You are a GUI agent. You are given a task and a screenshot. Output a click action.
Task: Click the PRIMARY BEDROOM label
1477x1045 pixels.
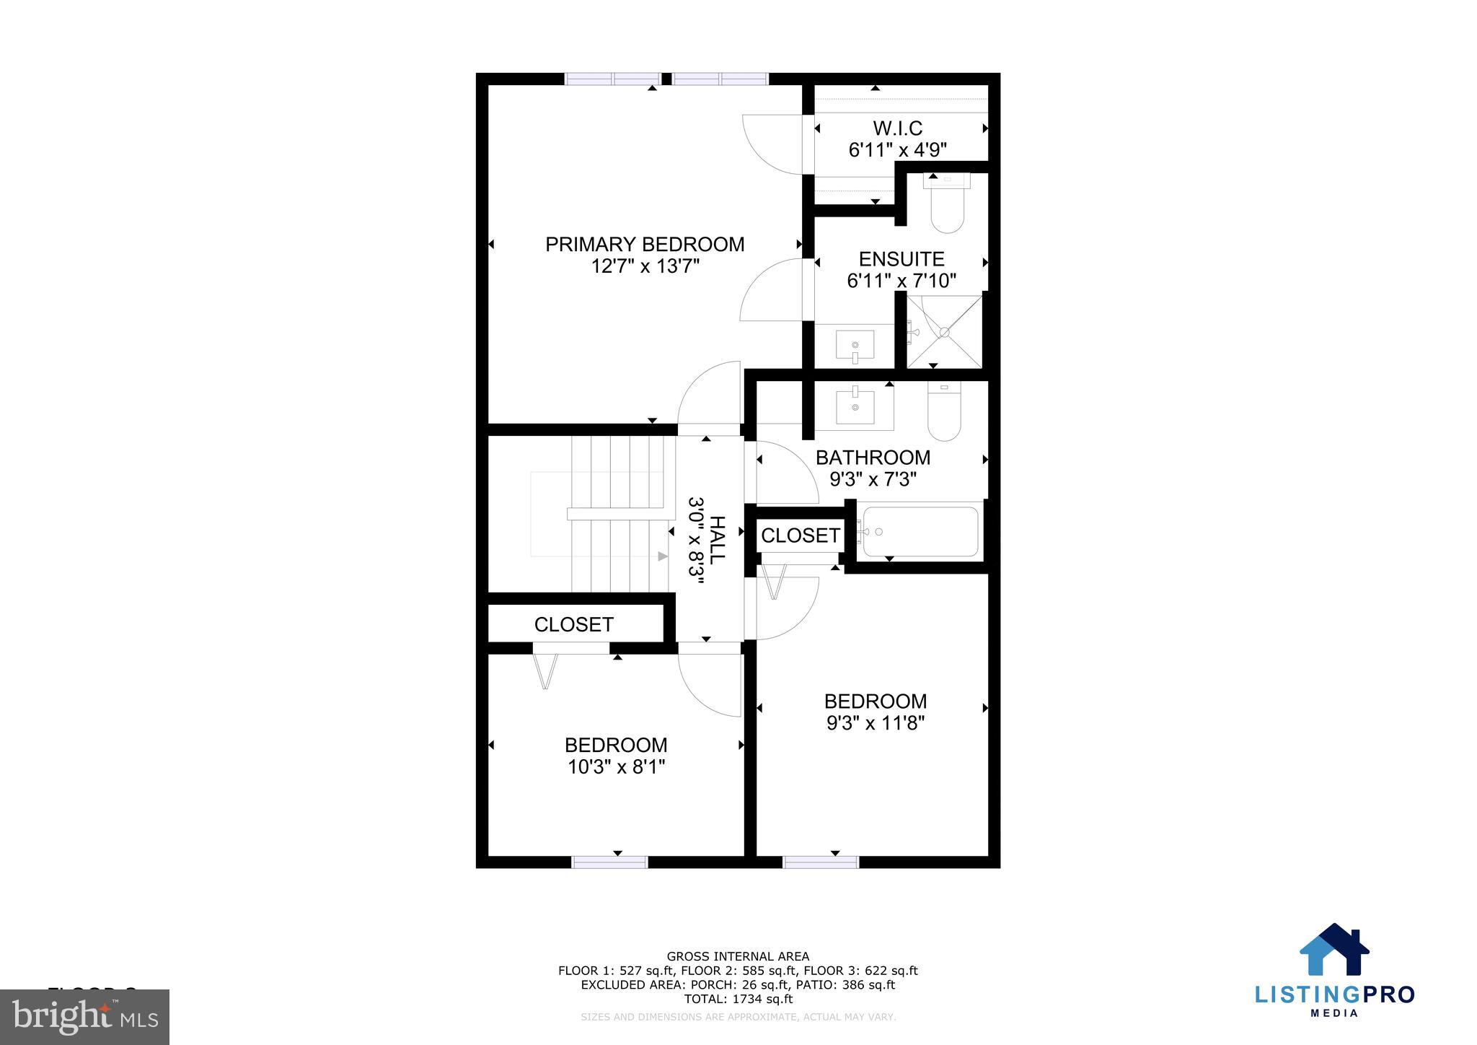[644, 245]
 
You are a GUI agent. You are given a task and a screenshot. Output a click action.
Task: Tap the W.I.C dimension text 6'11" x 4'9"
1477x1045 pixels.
[897, 150]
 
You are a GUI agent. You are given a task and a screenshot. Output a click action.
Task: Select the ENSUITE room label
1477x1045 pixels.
[901, 259]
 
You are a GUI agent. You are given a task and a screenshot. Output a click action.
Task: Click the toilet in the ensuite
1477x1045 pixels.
[947, 204]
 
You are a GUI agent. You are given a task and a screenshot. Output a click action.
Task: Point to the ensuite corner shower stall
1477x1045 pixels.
[944, 331]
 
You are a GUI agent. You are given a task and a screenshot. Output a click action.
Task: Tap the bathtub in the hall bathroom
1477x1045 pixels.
[920, 532]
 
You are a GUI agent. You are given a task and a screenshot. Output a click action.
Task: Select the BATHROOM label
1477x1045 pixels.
[873, 458]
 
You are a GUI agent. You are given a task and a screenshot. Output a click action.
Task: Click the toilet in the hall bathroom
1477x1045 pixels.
[944, 412]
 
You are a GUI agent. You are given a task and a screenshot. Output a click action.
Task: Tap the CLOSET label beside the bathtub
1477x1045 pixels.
[800, 535]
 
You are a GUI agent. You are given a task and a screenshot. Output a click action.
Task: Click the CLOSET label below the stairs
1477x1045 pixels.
[573, 624]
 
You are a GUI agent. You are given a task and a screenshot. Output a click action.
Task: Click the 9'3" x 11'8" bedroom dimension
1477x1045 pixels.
[875, 723]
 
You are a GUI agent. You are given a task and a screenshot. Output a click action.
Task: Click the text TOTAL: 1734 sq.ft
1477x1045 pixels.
[738, 1000]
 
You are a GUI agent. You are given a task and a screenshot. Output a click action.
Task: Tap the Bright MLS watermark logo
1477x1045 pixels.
[84, 1017]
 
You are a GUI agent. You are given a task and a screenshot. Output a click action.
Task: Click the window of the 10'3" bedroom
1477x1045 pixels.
[609, 862]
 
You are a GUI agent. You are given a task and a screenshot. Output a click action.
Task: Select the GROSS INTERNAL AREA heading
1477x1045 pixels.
[738, 957]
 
